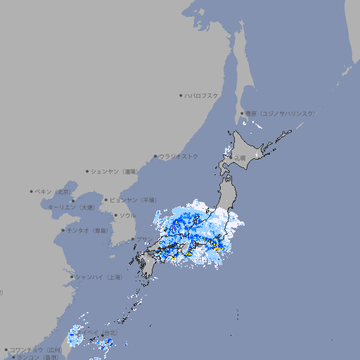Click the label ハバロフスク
[202, 95]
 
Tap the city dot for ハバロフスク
[181, 95]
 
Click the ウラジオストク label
[179, 156]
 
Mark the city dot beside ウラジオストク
[155, 156]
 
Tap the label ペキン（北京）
[53, 191]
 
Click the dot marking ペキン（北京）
[32, 191]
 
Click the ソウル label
[127, 215]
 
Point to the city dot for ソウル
[115, 215]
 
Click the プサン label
[143, 240]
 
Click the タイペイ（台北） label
[99, 333]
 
